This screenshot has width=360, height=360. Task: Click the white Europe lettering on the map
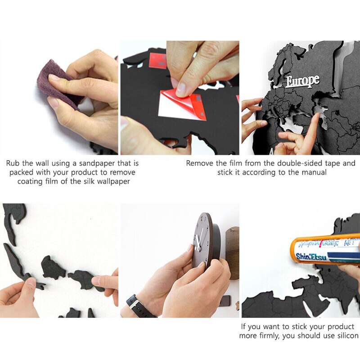pos(302,81)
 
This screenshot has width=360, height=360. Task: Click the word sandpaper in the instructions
pos(97,164)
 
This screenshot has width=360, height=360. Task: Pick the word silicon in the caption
pos(348,336)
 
